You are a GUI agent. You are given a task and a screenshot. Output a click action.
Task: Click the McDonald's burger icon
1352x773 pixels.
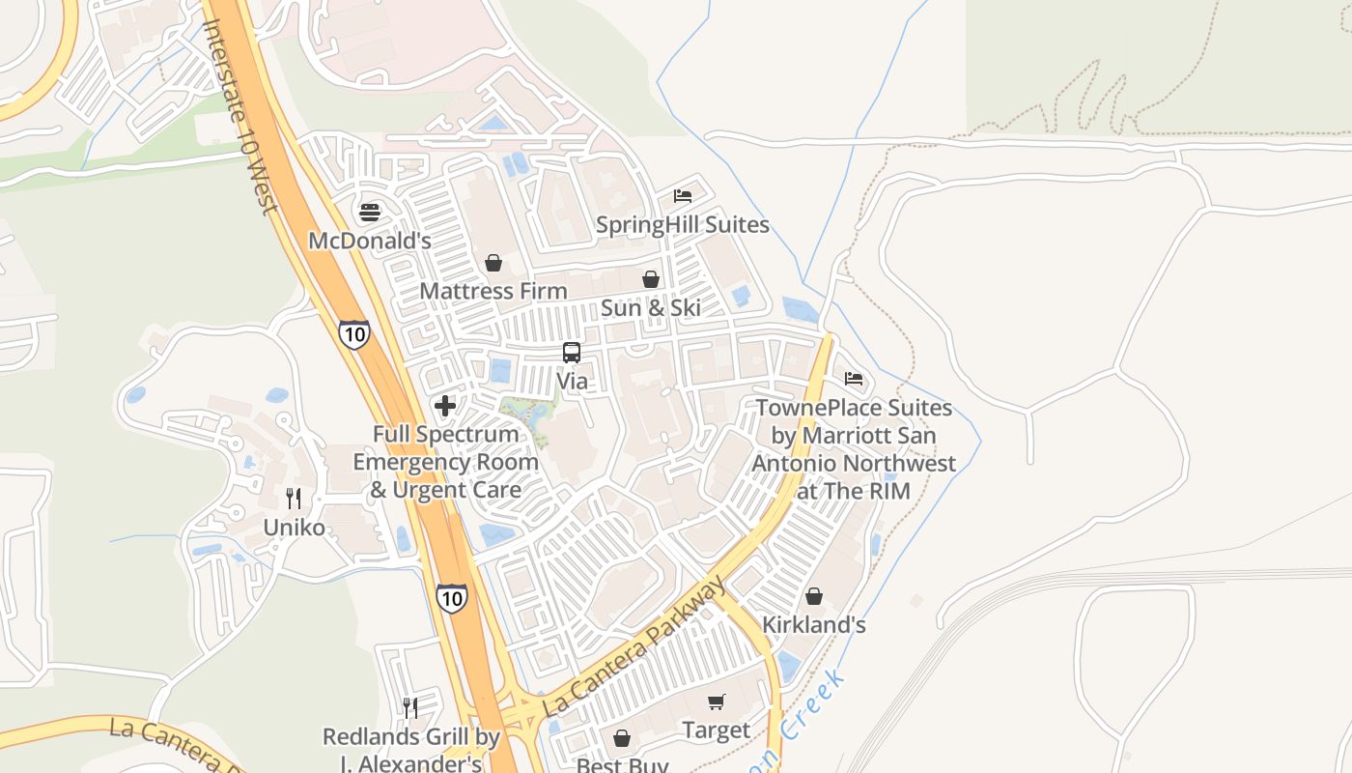point(370,212)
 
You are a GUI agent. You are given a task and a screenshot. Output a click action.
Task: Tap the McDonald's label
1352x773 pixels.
point(370,241)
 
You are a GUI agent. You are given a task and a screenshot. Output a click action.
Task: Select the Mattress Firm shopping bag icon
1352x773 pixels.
point(493,263)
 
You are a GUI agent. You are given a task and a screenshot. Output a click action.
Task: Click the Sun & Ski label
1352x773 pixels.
point(651,308)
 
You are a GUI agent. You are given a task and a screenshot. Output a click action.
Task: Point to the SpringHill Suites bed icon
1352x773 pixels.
point(683,196)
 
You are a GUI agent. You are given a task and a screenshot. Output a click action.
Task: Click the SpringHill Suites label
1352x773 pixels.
point(683,225)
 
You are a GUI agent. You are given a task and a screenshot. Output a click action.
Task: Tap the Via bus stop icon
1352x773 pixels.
point(572,353)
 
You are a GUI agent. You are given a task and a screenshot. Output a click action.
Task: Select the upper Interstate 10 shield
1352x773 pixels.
point(354,334)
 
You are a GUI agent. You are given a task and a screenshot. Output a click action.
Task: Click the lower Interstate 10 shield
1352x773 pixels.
point(451,598)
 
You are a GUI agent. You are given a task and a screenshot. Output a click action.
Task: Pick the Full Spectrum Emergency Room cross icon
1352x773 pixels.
point(445,406)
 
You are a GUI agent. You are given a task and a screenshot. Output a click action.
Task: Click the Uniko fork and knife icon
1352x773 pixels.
point(295,499)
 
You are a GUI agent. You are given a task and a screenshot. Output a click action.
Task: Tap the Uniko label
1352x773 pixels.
point(295,528)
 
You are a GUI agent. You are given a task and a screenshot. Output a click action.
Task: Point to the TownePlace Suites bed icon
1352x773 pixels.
point(854,378)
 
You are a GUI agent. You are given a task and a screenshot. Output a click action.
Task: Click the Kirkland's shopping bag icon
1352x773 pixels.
point(814,596)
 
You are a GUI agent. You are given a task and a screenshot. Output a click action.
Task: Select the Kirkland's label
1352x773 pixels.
point(814,625)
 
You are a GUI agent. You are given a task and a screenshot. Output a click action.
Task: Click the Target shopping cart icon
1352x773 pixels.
point(716,701)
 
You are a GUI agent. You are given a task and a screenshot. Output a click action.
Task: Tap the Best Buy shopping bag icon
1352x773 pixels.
point(622,739)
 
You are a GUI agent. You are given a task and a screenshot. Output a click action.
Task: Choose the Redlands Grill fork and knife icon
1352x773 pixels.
point(410,708)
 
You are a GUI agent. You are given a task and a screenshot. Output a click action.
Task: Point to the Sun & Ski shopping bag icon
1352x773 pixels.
point(651,279)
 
